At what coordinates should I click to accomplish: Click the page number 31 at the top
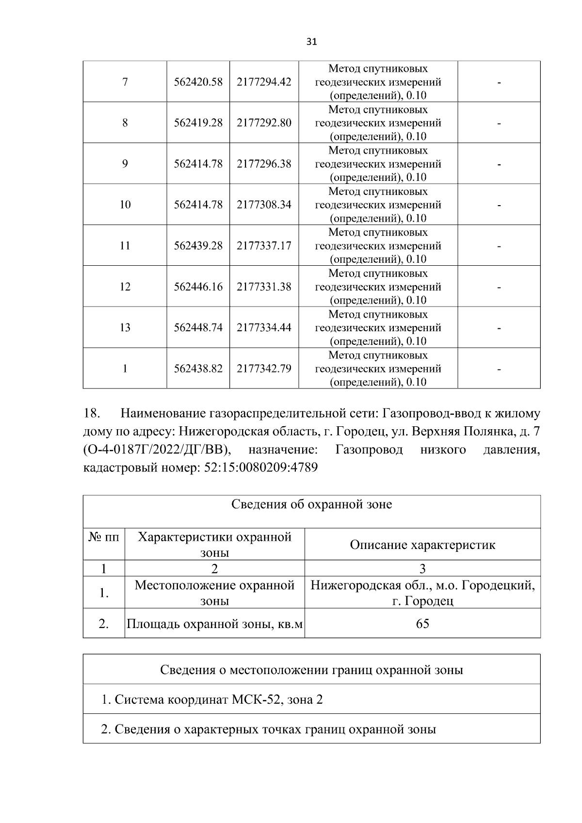point(312,42)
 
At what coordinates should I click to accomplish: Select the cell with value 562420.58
point(198,82)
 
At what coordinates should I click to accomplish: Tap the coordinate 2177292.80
point(264,123)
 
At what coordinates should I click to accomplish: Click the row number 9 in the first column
point(125,164)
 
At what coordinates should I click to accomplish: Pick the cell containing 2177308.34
point(264,205)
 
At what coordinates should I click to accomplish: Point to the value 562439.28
point(198,246)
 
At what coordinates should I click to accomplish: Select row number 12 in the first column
point(125,287)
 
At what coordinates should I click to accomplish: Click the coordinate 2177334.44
point(264,327)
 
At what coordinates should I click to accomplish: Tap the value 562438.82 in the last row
point(198,369)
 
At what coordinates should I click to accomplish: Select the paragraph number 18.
point(92,414)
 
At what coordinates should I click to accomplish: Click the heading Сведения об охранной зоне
point(311,505)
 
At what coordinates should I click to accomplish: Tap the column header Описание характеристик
point(422,545)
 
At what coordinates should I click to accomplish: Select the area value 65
point(422,624)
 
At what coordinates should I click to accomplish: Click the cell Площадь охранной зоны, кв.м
point(214,624)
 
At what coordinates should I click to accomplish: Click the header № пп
point(104,537)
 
